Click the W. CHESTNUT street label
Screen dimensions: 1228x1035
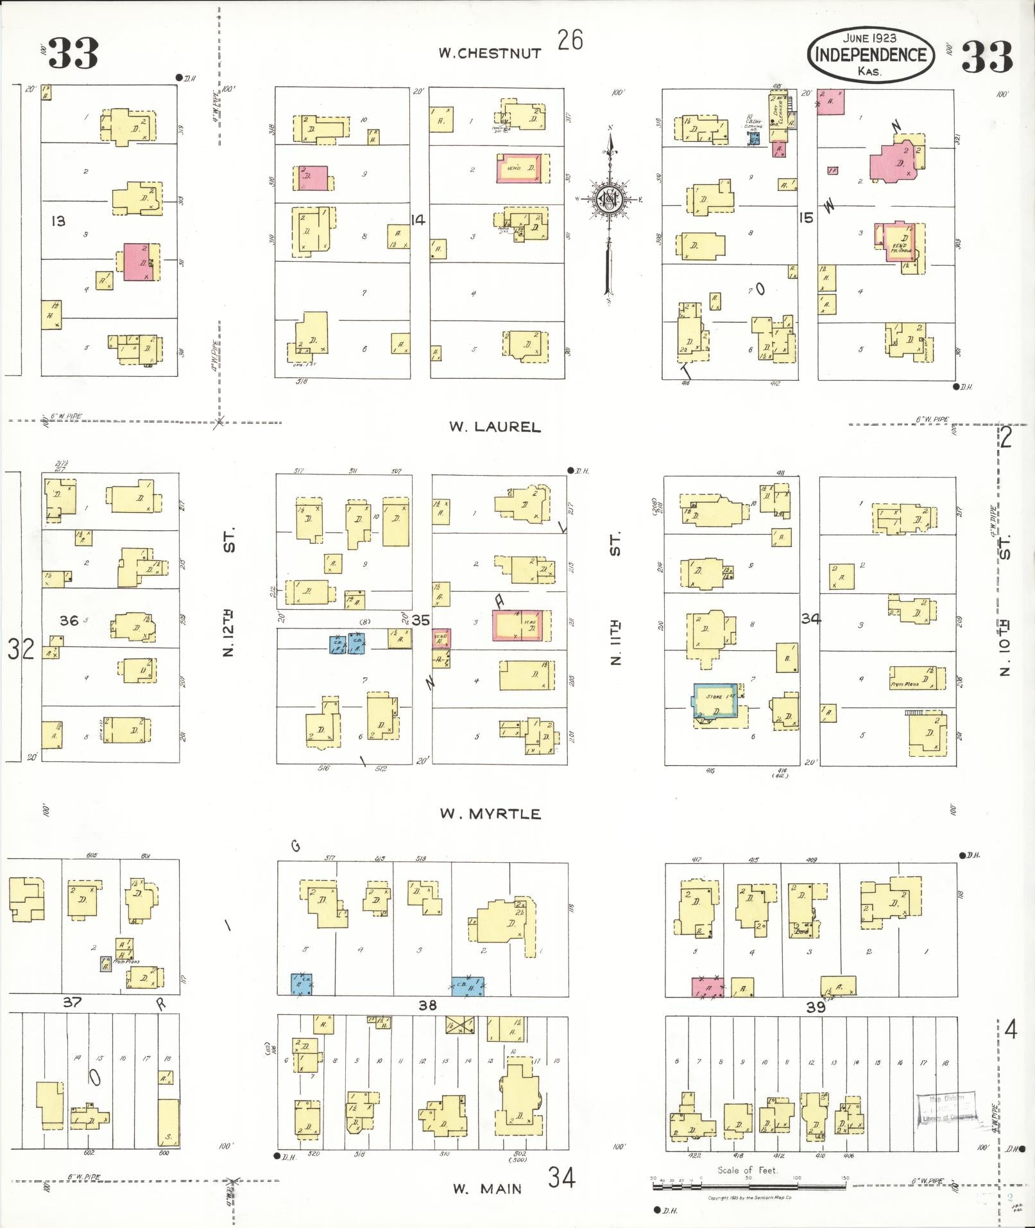click(490, 53)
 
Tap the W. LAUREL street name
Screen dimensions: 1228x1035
click(495, 427)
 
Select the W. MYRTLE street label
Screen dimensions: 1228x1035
click(490, 814)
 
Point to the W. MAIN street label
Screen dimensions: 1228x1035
click(488, 1189)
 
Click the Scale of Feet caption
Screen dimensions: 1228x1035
click(748, 1170)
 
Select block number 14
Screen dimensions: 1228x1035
click(418, 220)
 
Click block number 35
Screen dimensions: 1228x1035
click(420, 620)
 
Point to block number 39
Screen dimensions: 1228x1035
click(816, 1007)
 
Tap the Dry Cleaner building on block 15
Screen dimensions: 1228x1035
click(778, 110)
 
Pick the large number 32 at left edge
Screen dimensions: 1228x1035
click(21, 649)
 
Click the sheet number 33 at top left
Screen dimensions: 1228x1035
click(73, 53)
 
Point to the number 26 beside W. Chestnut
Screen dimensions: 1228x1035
click(570, 40)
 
